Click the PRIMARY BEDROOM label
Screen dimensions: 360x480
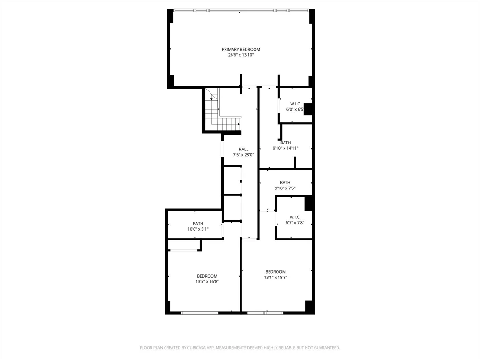pyautogui.click(x=241, y=49)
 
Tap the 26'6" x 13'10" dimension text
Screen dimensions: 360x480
pyautogui.click(x=241, y=55)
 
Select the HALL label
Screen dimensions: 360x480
pyautogui.click(x=243, y=149)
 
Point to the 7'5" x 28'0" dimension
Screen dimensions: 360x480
pyautogui.click(x=243, y=155)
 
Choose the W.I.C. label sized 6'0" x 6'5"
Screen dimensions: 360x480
pyautogui.click(x=295, y=104)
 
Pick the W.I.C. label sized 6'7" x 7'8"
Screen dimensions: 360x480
pyautogui.click(x=295, y=217)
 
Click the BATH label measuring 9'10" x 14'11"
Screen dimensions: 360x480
pyautogui.click(x=285, y=142)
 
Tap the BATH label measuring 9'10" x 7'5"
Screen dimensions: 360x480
pyautogui.click(x=285, y=182)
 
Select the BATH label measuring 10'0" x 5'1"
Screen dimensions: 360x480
pyautogui.click(x=198, y=223)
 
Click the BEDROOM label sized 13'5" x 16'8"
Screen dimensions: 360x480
pyautogui.click(x=207, y=276)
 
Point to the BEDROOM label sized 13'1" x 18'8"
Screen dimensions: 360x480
pyautogui.click(x=276, y=272)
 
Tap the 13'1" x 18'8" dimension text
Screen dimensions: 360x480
pyautogui.click(x=276, y=277)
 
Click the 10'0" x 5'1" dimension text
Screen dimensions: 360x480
pyautogui.click(x=198, y=229)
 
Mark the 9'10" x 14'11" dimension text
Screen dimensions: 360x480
pyautogui.click(x=285, y=148)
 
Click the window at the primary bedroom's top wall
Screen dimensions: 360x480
pyautogui.click(x=241, y=10)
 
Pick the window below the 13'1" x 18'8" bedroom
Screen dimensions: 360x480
pyautogui.click(x=265, y=312)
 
